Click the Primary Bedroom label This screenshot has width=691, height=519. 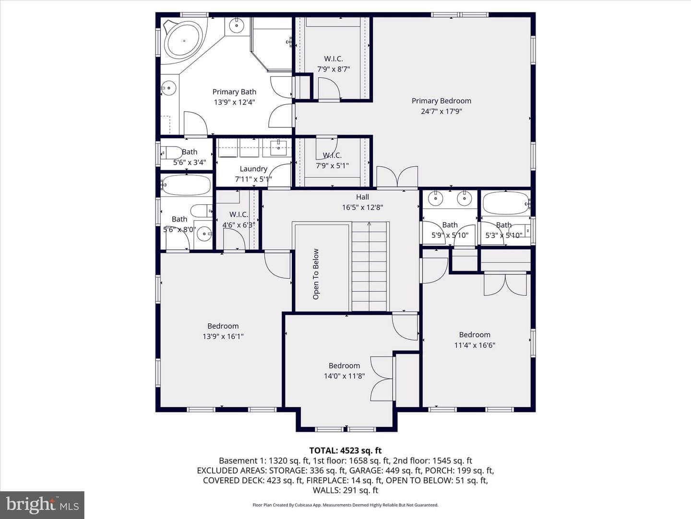point(441,101)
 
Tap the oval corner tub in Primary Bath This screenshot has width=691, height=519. point(184,41)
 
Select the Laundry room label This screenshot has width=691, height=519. point(253,169)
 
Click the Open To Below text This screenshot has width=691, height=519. point(316,274)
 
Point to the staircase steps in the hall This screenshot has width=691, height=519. point(369,267)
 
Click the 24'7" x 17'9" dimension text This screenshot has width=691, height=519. point(441,111)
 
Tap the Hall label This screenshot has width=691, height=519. point(362,197)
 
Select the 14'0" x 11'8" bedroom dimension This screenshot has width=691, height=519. point(344,376)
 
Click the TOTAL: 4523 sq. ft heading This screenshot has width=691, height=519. point(345,451)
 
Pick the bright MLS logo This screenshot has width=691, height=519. point(42,505)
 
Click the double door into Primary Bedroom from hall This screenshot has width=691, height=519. point(398,177)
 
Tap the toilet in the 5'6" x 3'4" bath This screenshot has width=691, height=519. point(172,153)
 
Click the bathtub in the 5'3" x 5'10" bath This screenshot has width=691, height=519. point(506,203)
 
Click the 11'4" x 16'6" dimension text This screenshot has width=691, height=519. point(475,345)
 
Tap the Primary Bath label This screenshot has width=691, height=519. point(234,92)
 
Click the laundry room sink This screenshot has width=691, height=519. point(279,148)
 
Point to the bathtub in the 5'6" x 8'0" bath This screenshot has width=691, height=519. point(186,185)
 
